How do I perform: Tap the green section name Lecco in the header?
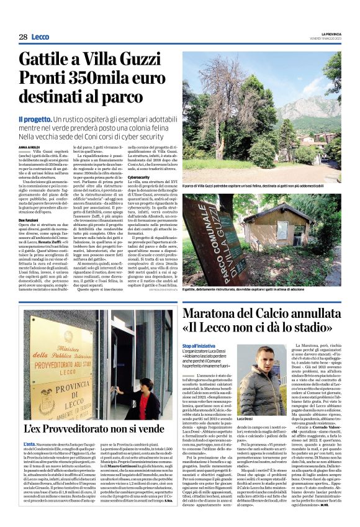pyautogui.click(x=40, y=37)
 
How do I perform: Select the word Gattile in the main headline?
pyautogui.click(x=49, y=60)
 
